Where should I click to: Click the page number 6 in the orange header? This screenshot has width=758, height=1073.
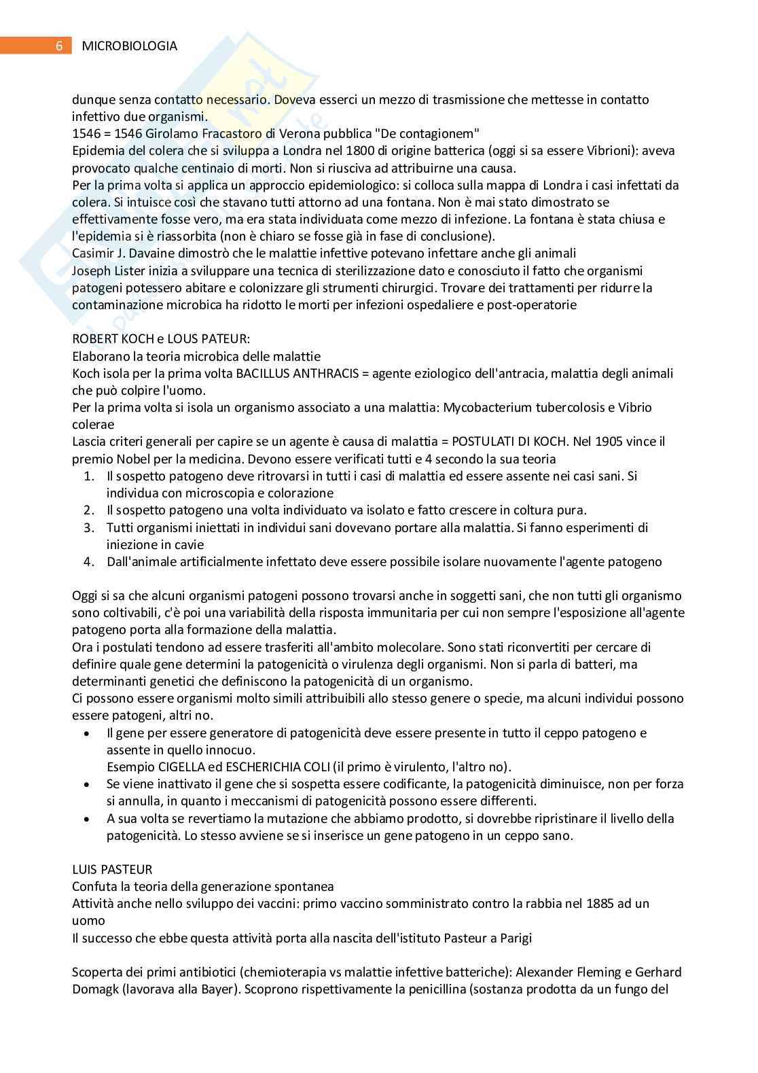[x=59, y=46]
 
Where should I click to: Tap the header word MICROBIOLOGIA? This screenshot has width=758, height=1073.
[x=129, y=46]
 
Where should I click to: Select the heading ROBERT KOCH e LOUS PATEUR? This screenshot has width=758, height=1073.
[x=161, y=338]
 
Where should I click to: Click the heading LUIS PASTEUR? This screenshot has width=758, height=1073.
[x=112, y=869]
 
